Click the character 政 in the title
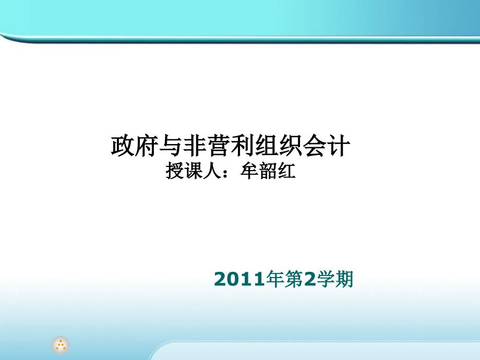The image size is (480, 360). point(123,146)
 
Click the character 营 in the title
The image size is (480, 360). point(218,146)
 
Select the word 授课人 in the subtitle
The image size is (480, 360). point(194,171)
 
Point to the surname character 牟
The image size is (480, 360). point(249,171)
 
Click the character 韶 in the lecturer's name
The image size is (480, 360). point(268,171)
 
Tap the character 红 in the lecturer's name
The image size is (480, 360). point(286,171)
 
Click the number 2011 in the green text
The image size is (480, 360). point(239,279)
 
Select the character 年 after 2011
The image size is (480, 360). point(275,279)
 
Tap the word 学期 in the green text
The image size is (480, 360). point(335,279)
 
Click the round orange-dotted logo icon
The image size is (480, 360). point(61,345)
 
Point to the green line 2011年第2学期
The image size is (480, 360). point(283,279)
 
